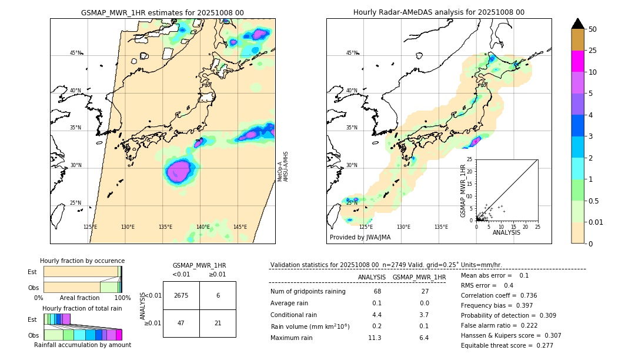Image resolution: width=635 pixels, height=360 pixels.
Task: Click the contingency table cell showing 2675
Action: pos(181,296)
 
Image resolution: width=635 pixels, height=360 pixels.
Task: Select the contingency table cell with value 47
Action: pos(181,323)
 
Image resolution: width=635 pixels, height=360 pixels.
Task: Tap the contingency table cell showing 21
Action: pos(218,323)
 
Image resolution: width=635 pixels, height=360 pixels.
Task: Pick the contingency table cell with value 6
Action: pos(218,296)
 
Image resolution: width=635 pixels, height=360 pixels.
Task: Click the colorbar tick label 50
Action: pos(593,29)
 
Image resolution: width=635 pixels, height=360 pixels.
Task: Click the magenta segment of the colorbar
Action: pos(578,61)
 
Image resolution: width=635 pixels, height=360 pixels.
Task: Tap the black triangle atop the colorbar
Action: pos(578,24)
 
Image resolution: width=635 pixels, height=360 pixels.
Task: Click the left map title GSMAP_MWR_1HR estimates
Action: pos(162,12)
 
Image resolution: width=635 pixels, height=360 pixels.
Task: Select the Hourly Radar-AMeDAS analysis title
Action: pos(439,12)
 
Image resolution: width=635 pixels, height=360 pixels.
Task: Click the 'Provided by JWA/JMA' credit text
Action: pos(360,237)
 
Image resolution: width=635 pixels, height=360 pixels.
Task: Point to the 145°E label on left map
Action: pos(240,227)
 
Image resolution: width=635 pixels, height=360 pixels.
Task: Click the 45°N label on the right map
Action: pos(352,53)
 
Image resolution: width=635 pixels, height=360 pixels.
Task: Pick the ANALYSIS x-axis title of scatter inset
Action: pos(506,233)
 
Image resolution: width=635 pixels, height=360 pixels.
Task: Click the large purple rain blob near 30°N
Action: pos(178,171)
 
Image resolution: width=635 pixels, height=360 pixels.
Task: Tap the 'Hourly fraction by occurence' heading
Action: pos(82,261)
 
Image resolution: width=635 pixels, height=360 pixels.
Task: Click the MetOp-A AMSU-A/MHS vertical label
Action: pos(283,166)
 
